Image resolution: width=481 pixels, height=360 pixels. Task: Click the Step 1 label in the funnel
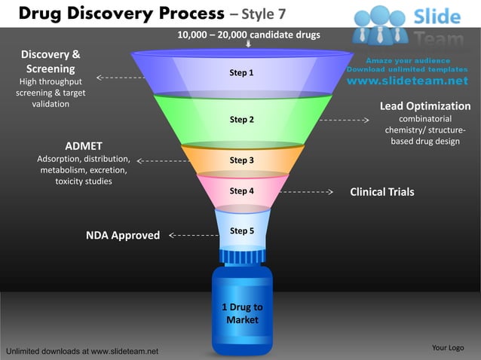[241, 73]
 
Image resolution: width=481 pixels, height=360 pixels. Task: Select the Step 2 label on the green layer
[241, 120]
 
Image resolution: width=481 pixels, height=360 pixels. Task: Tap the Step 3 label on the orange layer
[241, 160]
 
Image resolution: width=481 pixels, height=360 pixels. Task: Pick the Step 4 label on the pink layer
[241, 191]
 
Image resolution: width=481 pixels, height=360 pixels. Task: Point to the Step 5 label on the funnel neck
[241, 230]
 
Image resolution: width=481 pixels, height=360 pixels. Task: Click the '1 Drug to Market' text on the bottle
[242, 313]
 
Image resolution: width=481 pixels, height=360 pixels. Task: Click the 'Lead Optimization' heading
[424, 106]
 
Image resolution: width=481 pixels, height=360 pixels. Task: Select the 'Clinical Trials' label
[381, 192]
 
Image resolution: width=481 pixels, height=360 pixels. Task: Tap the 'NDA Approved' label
[123, 236]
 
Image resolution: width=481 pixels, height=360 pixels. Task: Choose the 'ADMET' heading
[84, 145]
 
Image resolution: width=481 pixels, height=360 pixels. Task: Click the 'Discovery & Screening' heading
[51, 62]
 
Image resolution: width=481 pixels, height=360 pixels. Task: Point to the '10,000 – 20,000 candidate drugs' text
[248, 35]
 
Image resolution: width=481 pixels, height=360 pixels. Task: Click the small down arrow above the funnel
[249, 44]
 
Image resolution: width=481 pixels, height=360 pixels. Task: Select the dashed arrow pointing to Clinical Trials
[305, 192]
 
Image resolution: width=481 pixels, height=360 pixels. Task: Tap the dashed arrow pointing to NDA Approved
[192, 236]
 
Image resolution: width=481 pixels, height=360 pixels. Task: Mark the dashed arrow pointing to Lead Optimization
[343, 120]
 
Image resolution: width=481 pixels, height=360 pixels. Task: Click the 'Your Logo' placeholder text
[447, 347]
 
